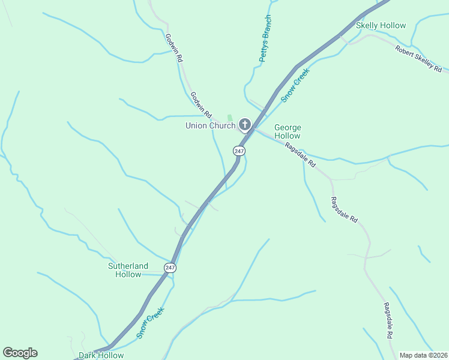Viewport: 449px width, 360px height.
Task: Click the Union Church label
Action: pyautogui.click(x=210, y=125)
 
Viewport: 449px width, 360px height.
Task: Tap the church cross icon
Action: pyautogui.click(x=245, y=125)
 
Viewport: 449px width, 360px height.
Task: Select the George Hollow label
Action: pyautogui.click(x=288, y=131)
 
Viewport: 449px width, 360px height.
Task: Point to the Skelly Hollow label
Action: pyautogui.click(x=381, y=26)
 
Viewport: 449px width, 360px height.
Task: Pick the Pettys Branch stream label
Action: pyautogui.click(x=265, y=39)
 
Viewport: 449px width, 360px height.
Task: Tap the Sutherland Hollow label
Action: pyautogui.click(x=128, y=270)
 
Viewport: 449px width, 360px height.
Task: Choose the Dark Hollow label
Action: pyautogui.click(x=101, y=355)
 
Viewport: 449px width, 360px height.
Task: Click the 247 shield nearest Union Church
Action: pyautogui.click(x=239, y=151)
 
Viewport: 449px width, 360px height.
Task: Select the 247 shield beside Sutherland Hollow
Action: pyautogui.click(x=170, y=267)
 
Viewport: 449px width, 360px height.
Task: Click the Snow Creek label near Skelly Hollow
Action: pyautogui.click(x=296, y=85)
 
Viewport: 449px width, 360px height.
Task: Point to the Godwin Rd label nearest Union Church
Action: pyautogui.click(x=201, y=104)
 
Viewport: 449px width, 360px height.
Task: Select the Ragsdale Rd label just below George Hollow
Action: pyautogui.click(x=300, y=155)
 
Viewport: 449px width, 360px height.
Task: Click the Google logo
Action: pyautogui.click(x=20, y=353)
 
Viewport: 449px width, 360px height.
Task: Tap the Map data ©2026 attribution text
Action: pyautogui.click(x=423, y=355)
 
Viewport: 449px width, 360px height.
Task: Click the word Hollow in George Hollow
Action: pyautogui.click(x=288, y=136)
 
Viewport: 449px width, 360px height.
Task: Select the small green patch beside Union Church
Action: pyautogui.click(x=229, y=118)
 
